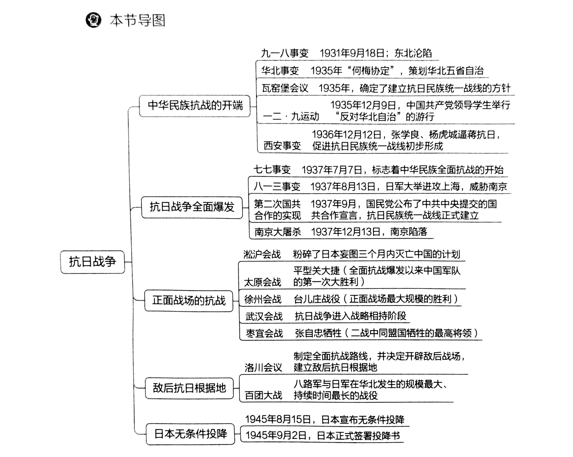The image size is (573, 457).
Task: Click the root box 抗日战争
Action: click(x=92, y=262)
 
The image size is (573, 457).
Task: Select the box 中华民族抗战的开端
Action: click(x=195, y=106)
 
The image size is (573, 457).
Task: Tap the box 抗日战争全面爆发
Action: click(x=192, y=207)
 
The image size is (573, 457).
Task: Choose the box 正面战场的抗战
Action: click(x=189, y=301)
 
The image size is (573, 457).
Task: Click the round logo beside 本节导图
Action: click(x=93, y=20)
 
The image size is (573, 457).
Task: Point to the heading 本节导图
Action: click(x=137, y=20)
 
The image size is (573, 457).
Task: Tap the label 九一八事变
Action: click(x=285, y=54)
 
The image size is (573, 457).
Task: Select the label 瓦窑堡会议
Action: click(x=285, y=88)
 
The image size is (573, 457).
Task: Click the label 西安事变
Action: click(x=282, y=146)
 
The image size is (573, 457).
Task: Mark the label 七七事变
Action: click(x=272, y=170)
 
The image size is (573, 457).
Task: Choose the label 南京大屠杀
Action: click(x=278, y=232)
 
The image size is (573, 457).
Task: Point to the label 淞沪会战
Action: click(x=262, y=254)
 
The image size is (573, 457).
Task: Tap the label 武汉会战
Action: click(x=264, y=316)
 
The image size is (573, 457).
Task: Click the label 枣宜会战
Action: click(x=264, y=333)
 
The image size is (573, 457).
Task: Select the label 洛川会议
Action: click(x=263, y=368)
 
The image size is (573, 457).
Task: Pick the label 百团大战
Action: click(x=263, y=395)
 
